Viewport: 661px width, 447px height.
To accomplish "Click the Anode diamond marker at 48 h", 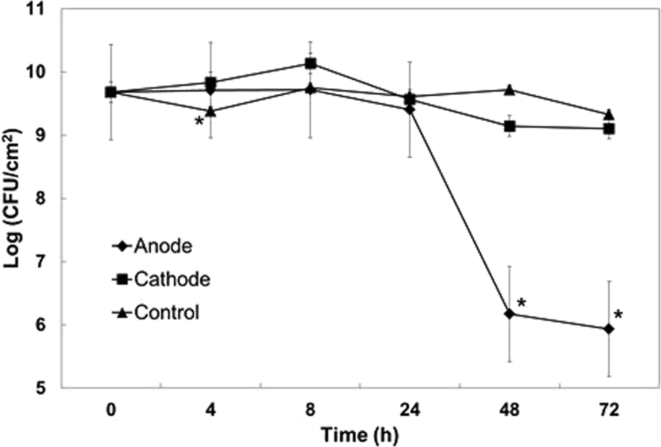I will click(x=510, y=314).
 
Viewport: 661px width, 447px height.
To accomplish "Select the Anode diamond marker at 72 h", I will click(x=609, y=329).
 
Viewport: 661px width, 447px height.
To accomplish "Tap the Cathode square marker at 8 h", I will click(x=310, y=64).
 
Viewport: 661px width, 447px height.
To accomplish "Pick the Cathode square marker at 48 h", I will click(x=510, y=126).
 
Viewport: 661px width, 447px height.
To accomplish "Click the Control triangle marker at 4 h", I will click(x=210, y=111).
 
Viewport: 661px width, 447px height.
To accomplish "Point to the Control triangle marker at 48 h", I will click(x=510, y=90).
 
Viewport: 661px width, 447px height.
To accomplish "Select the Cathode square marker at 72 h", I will click(x=609, y=129).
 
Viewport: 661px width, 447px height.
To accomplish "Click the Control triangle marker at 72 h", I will click(x=609, y=114).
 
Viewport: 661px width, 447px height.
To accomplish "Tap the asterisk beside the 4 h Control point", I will click(x=198, y=122).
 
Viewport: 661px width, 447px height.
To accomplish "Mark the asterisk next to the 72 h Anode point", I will click(x=619, y=315).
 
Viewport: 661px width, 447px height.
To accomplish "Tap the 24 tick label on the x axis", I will click(x=409, y=410).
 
